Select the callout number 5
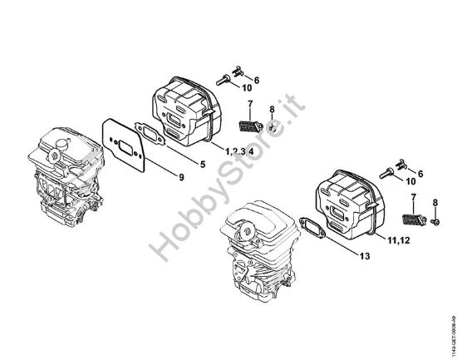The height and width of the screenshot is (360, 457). tap(202, 162)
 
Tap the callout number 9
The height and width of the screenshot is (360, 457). tap(180, 175)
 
